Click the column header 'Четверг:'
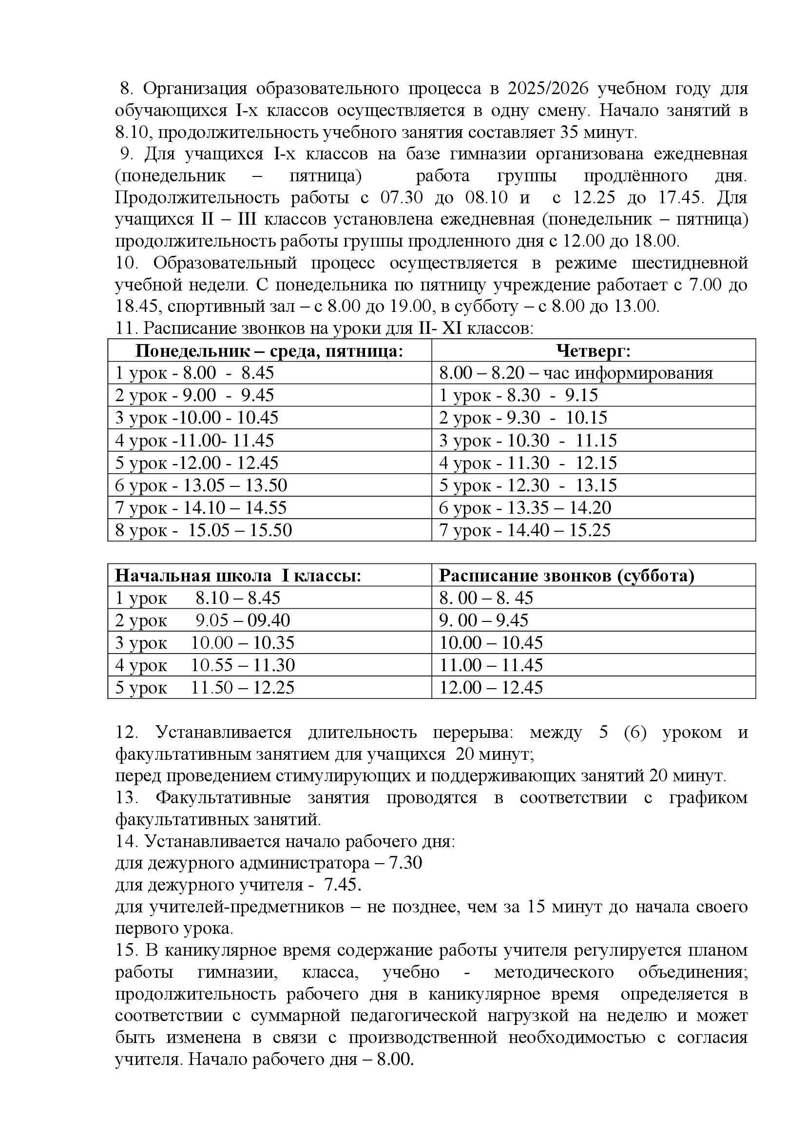(x=593, y=351)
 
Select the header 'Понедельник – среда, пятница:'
(x=269, y=351)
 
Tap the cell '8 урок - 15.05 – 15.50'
(x=204, y=530)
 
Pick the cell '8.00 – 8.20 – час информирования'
(x=576, y=373)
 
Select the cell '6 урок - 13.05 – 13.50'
(x=201, y=485)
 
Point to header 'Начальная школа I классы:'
(x=238, y=576)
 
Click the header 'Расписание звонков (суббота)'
(x=566, y=576)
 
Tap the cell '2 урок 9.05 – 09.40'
(x=203, y=620)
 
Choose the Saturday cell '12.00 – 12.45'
(x=491, y=687)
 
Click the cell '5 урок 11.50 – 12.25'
(x=205, y=687)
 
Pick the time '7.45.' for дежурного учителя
(x=343, y=885)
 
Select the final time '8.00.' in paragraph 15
(x=395, y=1060)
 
